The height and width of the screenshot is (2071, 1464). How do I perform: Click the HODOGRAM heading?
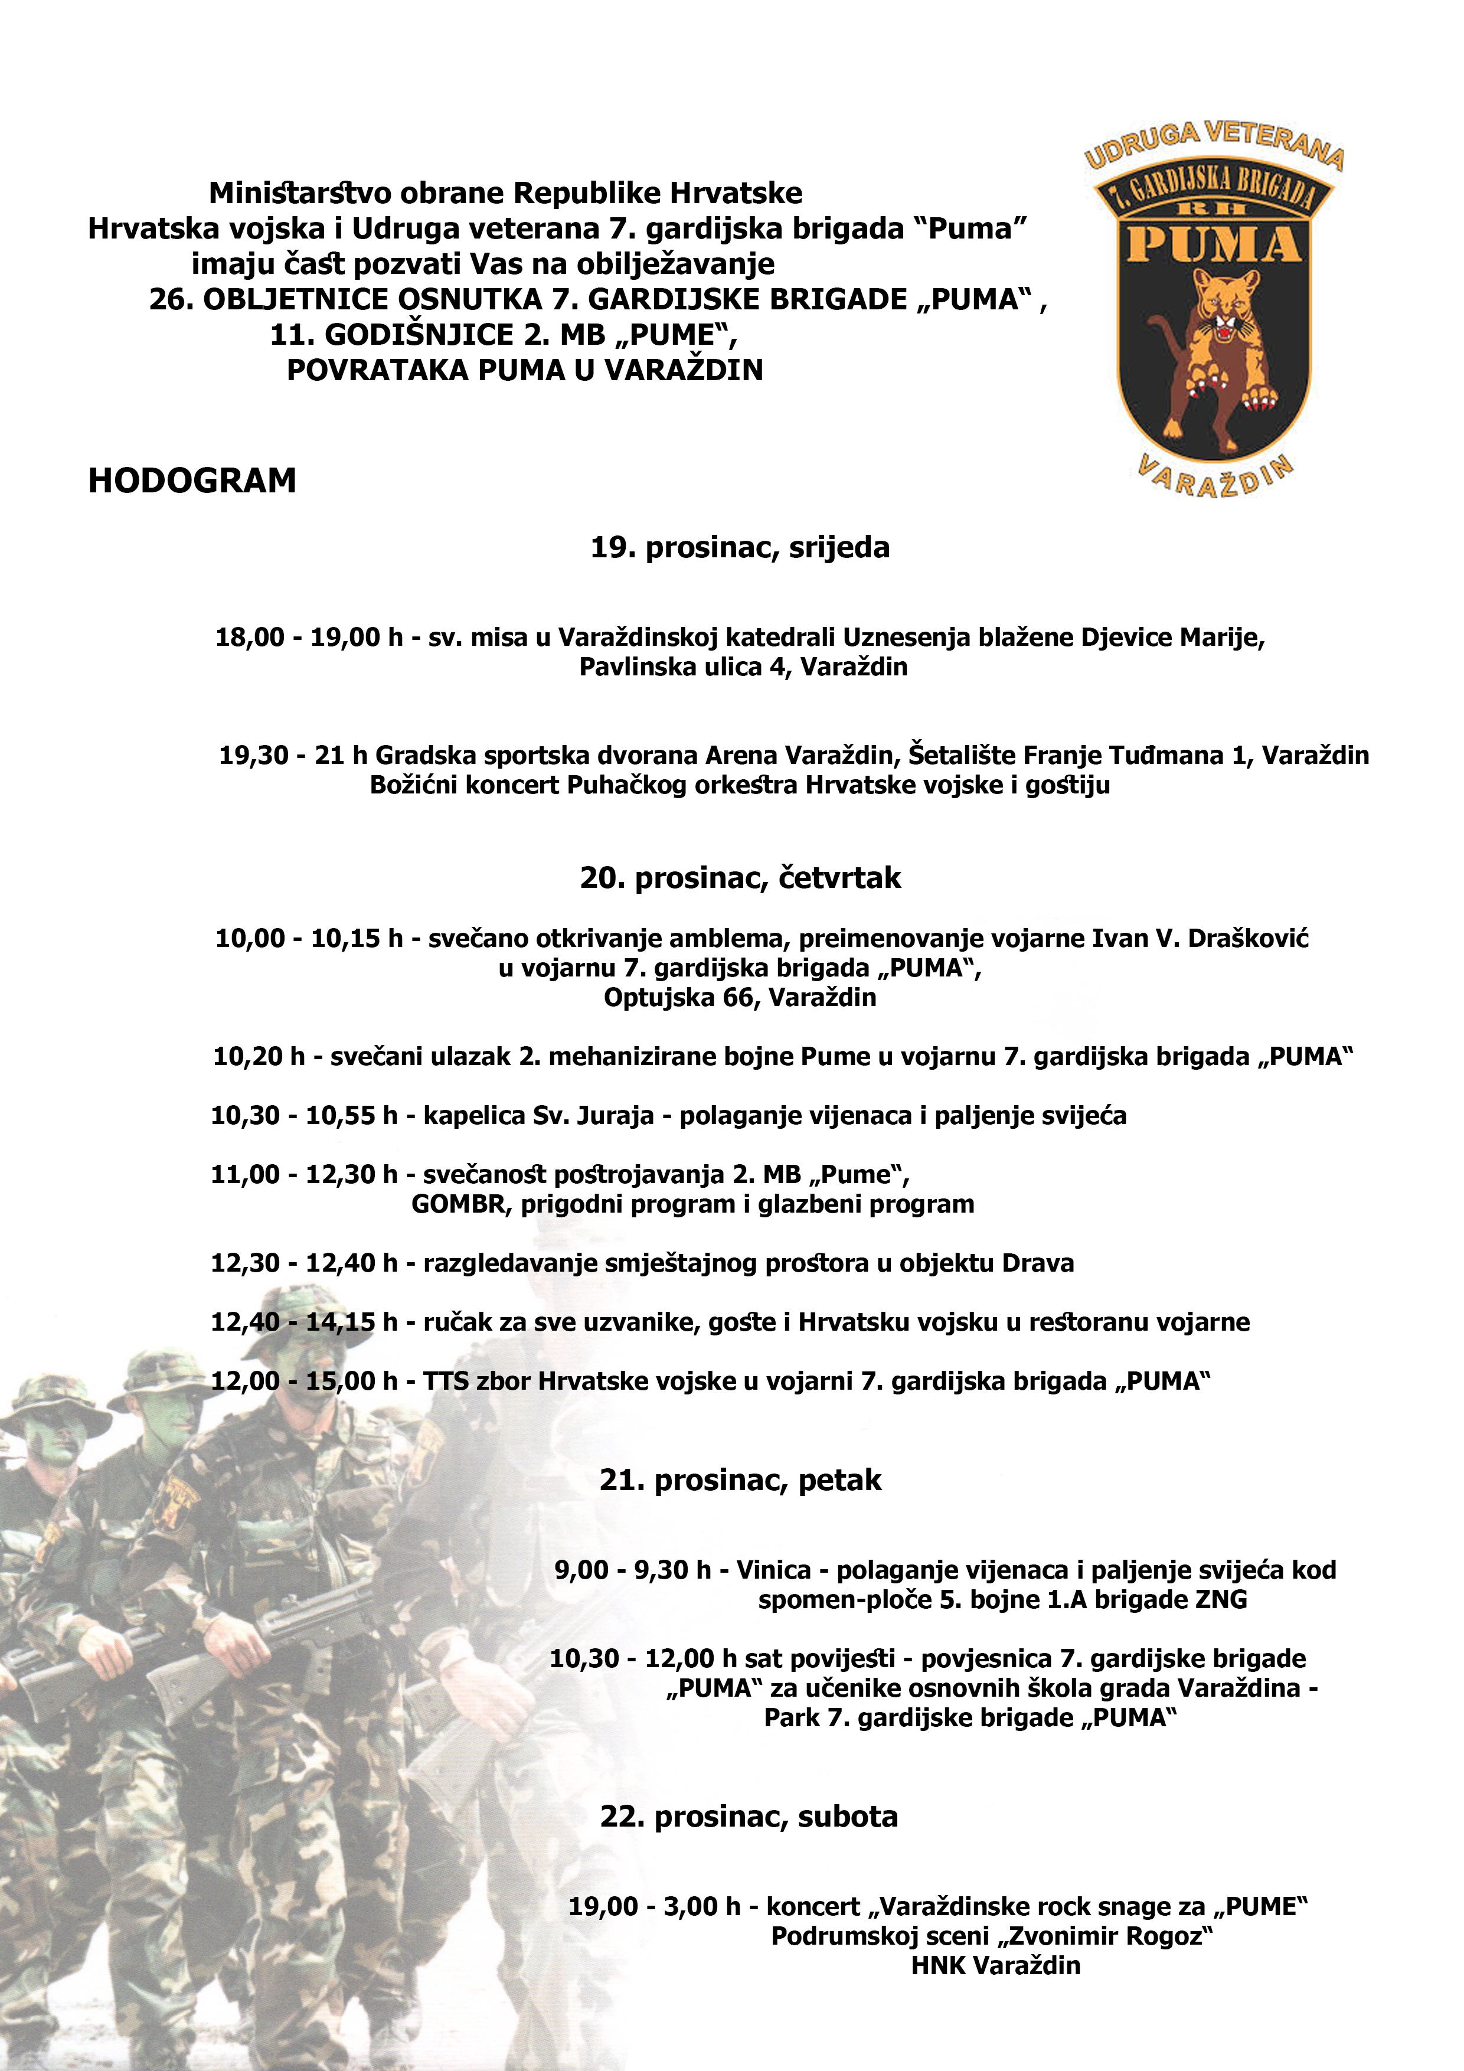(x=192, y=481)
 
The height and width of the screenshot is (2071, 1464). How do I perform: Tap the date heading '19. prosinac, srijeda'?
(x=740, y=547)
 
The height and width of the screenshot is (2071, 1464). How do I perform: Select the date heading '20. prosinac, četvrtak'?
(x=740, y=878)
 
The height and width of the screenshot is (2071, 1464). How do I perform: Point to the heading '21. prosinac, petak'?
(x=740, y=1480)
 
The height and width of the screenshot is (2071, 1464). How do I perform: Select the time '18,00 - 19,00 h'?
(x=309, y=638)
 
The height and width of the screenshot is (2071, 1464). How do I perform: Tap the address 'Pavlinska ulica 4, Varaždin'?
(x=743, y=668)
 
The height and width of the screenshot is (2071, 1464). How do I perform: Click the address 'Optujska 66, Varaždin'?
(x=740, y=998)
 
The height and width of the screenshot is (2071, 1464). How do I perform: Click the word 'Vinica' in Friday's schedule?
(x=774, y=1570)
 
